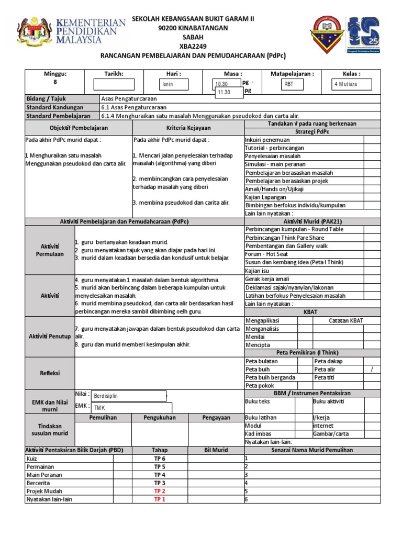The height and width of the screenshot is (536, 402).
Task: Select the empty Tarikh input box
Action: pyautogui.click(x=114, y=84)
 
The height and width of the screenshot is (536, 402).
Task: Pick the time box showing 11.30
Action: pyautogui.click(x=228, y=93)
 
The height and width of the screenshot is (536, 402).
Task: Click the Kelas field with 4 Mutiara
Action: pyautogui.click(x=352, y=84)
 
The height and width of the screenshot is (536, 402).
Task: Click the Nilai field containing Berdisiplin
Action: pyautogui.click(x=128, y=396)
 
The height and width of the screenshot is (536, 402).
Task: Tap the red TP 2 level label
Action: pyautogui.click(x=159, y=492)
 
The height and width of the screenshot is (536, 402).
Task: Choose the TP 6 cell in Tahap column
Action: pyautogui.click(x=159, y=459)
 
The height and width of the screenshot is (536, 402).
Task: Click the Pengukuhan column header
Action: pyautogui.click(x=159, y=418)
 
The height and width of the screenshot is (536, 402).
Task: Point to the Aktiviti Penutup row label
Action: pyautogui.click(x=50, y=336)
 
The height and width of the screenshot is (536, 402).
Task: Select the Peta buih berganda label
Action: pyautogui.click(x=270, y=377)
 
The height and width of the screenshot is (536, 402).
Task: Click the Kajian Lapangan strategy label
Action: pyautogui.click(x=266, y=197)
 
